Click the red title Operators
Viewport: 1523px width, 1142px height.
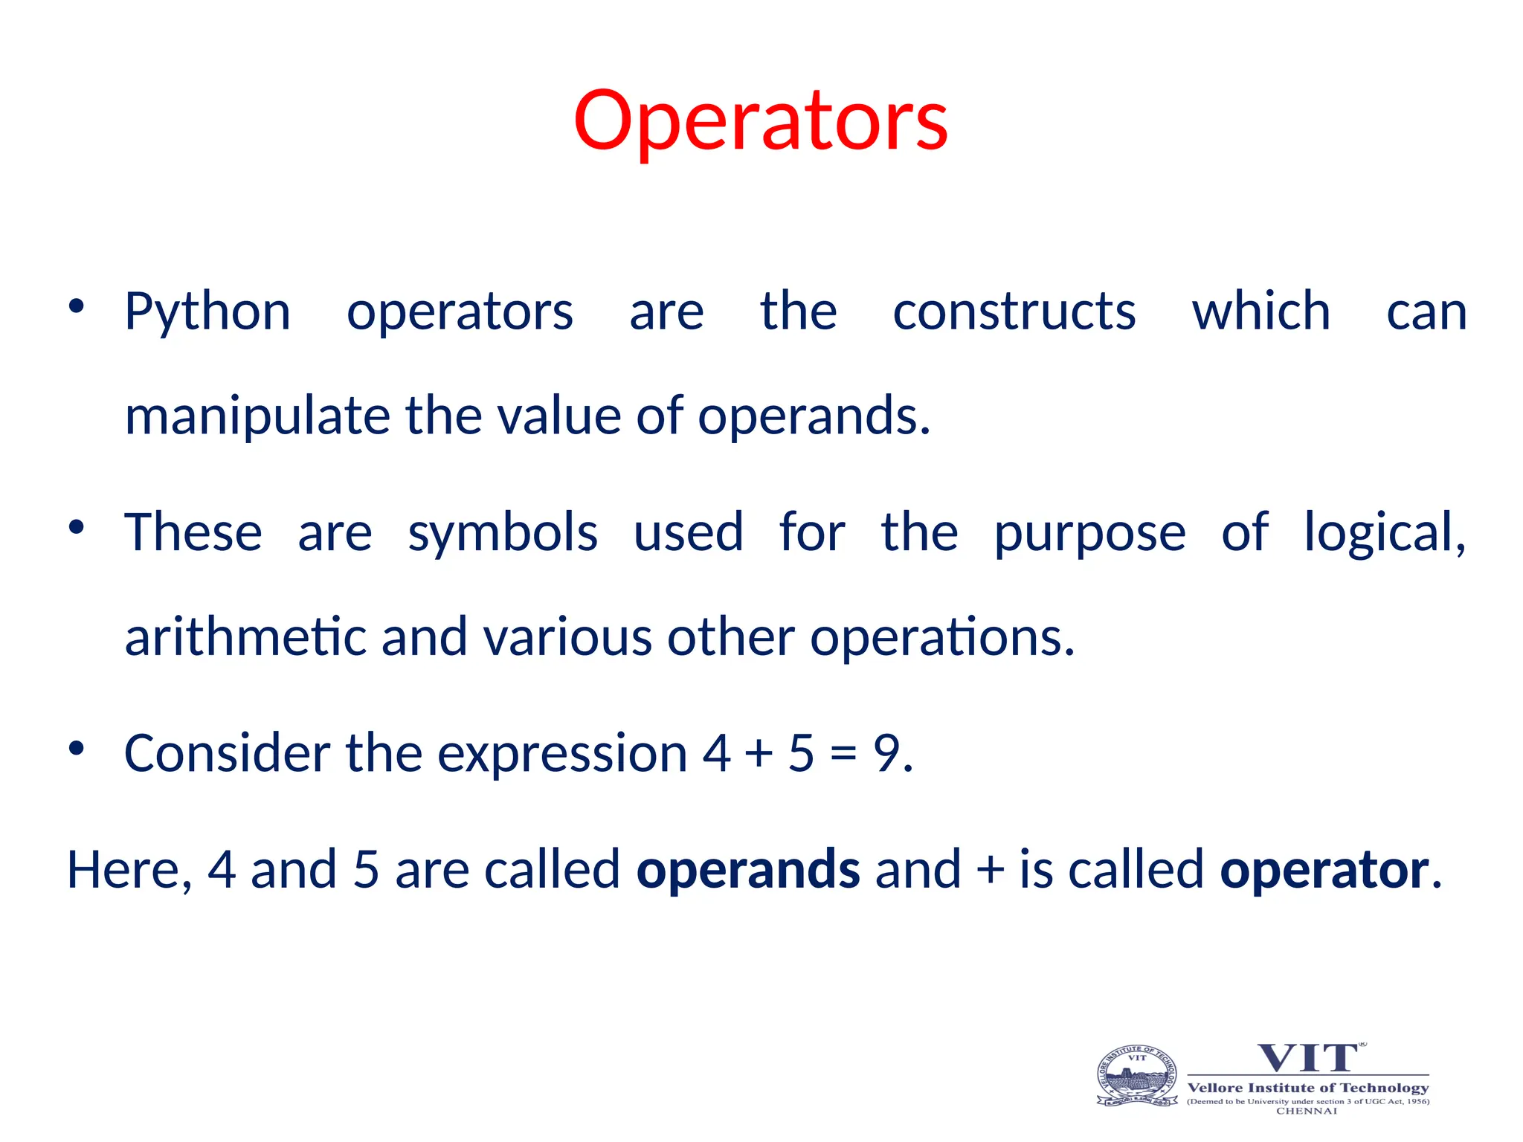point(760,121)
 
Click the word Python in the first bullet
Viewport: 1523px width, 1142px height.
point(207,312)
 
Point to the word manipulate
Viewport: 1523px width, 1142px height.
point(257,416)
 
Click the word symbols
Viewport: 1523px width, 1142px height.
point(503,533)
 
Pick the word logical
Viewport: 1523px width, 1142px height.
point(1385,533)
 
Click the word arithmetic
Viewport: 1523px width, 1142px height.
point(245,637)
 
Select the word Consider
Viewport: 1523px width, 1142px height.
point(228,753)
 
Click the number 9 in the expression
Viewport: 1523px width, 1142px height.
point(887,753)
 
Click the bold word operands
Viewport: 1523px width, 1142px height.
point(748,869)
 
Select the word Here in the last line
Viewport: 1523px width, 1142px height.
point(123,869)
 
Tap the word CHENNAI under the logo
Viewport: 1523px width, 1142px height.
point(1307,1111)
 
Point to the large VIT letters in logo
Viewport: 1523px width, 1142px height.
point(1308,1058)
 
